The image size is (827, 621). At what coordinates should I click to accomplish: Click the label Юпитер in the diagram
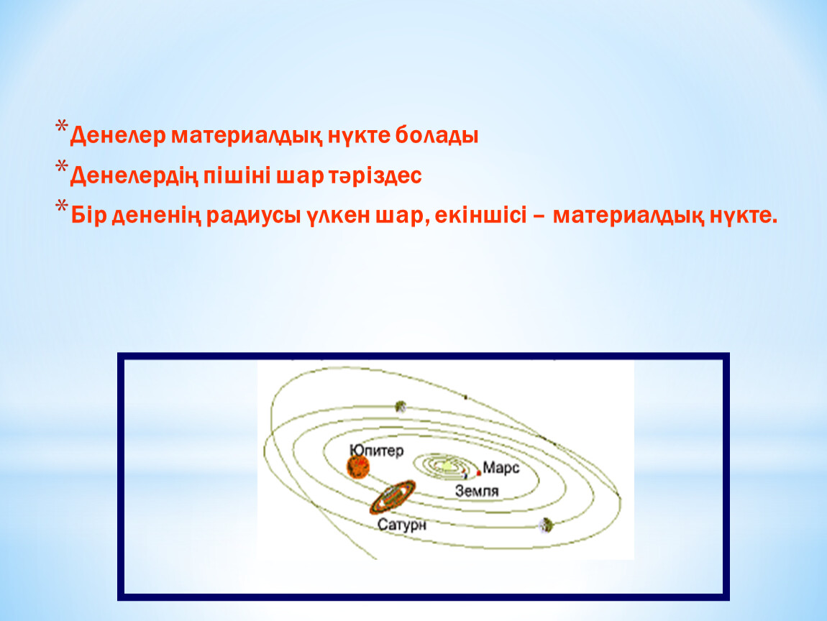(377, 451)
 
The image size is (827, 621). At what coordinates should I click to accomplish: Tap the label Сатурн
(402, 525)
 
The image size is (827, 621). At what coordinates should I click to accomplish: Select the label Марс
(501, 468)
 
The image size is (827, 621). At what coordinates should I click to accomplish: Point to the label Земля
(477, 492)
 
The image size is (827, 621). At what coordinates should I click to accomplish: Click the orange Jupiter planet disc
(358, 467)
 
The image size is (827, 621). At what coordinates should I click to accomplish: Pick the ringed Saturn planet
(393, 497)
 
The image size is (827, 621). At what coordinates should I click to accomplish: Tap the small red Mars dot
(478, 473)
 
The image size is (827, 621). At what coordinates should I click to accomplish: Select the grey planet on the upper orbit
(401, 406)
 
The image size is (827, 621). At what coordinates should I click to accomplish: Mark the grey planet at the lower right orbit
(545, 525)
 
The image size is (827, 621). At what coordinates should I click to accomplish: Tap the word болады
(437, 136)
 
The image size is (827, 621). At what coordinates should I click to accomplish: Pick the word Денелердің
(134, 176)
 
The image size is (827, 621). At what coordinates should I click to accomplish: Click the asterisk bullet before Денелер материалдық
(62, 127)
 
